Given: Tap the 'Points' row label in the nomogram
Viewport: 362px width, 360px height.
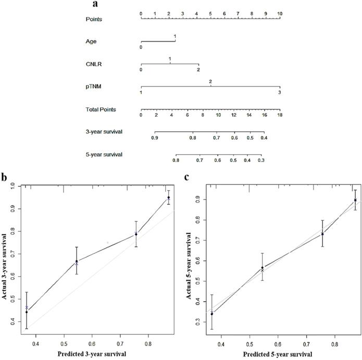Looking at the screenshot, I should pos(94,19).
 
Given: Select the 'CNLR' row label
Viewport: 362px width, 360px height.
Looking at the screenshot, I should pos(94,64).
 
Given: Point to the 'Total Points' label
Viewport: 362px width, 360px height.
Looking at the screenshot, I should pos(101,109).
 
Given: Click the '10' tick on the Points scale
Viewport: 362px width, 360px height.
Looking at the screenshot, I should pos(280,11).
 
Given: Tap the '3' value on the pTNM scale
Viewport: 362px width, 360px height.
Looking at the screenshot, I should pos(280,92).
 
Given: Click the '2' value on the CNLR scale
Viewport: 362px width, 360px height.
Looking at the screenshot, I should pos(198,69).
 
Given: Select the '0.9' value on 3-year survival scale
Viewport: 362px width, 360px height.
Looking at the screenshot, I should pos(155,138).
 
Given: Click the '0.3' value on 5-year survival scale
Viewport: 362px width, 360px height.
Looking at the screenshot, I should pos(260,161).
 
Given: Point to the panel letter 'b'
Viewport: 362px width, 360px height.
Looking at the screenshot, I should pos(5,178).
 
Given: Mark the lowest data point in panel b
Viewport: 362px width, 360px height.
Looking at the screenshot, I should pos(27,312).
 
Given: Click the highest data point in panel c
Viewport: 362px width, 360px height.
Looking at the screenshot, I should pos(355,200).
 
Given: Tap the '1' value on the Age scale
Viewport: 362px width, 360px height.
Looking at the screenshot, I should pos(175,36).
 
